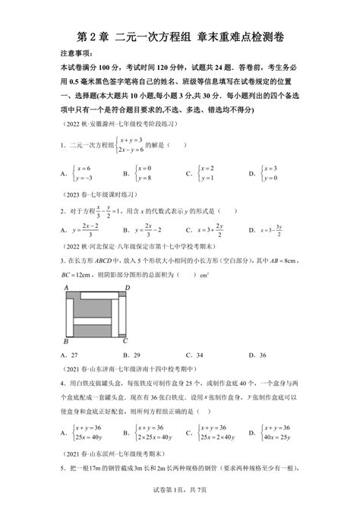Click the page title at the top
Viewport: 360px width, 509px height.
tap(179, 35)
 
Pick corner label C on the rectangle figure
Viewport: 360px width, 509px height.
tap(126, 341)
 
